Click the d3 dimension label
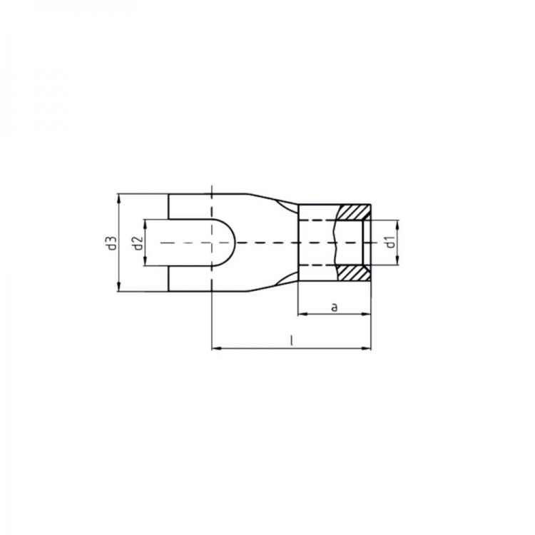pyautogui.click(x=113, y=243)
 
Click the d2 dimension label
pyautogui.click(x=138, y=243)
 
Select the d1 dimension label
pyautogui.click(x=391, y=243)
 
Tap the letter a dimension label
pyautogui.click(x=335, y=307)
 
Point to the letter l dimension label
pyautogui.click(x=291, y=340)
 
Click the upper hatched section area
pyautogui.click(x=354, y=213)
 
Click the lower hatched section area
pyautogui.click(x=354, y=273)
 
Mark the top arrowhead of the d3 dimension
pyautogui.click(x=118, y=198)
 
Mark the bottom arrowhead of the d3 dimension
pyautogui.click(x=118, y=287)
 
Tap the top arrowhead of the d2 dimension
pyautogui.click(x=145, y=225)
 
